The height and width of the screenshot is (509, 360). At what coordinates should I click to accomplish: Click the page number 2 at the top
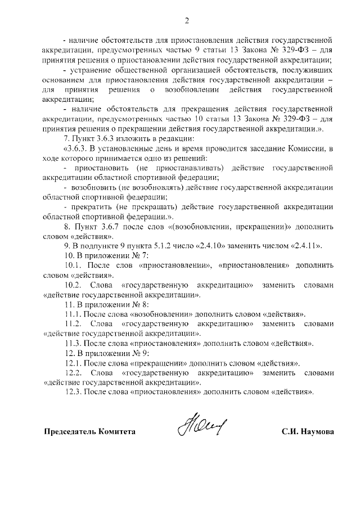pos(186,21)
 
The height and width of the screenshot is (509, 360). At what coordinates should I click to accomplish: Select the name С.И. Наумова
pos(308,432)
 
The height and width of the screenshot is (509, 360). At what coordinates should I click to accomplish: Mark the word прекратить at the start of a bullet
pos(93,206)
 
